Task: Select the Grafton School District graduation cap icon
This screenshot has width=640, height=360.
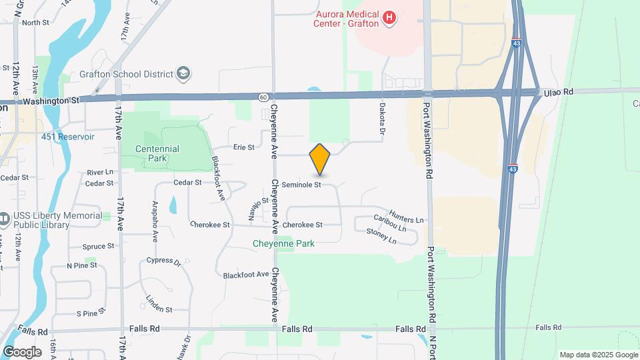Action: pyautogui.click(x=184, y=73)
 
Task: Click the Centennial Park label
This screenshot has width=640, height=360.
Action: pyautogui.click(x=157, y=153)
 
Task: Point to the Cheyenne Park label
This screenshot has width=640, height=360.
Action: pyautogui.click(x=283, y=243)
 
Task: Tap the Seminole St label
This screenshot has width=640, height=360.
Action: pyautogui.click(x=301, y=184)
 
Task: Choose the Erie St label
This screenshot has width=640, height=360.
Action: pyautogui.click(x=243, y=147)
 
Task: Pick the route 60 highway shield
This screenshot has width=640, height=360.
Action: pyautogui.click(x=264, y=97)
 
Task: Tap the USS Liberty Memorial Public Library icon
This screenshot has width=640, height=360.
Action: pyautogui.click(x=5, y=219)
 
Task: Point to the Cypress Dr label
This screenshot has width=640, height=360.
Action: pyautogui.click(x=164, y=261)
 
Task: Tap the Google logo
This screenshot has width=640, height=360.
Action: pyautogui.click(x=22, y=352)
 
